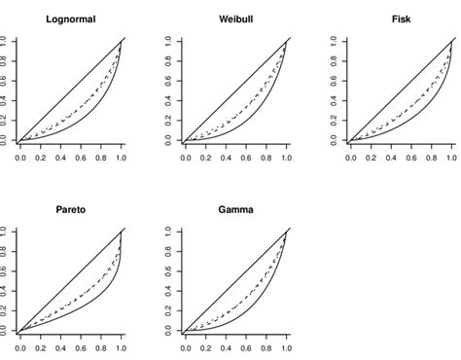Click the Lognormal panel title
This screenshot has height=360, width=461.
tap(69, 18)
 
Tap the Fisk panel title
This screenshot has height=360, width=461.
tap(401, 18)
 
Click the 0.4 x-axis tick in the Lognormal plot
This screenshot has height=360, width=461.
tap(60, 156)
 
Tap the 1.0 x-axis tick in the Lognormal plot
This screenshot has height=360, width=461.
tap(121, 156)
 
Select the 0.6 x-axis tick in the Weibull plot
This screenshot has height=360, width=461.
tap(246, 156)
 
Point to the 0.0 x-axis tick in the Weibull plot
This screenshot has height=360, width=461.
tap(186, 156)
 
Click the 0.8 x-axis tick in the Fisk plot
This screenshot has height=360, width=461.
tap(433, 156)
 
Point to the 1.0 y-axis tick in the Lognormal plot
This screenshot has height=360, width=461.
tap(6, 41)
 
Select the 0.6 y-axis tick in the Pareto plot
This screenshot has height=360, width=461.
tap(6, 271)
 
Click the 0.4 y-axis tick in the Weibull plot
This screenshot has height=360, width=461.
tap(171, 100)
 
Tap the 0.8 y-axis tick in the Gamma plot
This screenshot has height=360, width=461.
tap(171, 252)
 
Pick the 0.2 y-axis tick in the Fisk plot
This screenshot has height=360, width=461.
tap(337, 121)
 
